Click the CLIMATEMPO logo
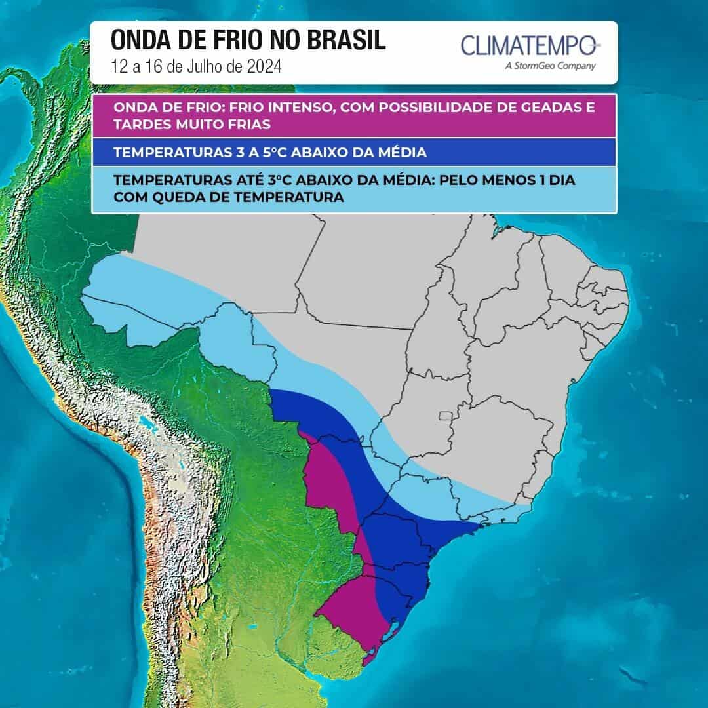(530, 46)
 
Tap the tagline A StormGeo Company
(551, 66)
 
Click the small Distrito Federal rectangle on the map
(446, 415)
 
